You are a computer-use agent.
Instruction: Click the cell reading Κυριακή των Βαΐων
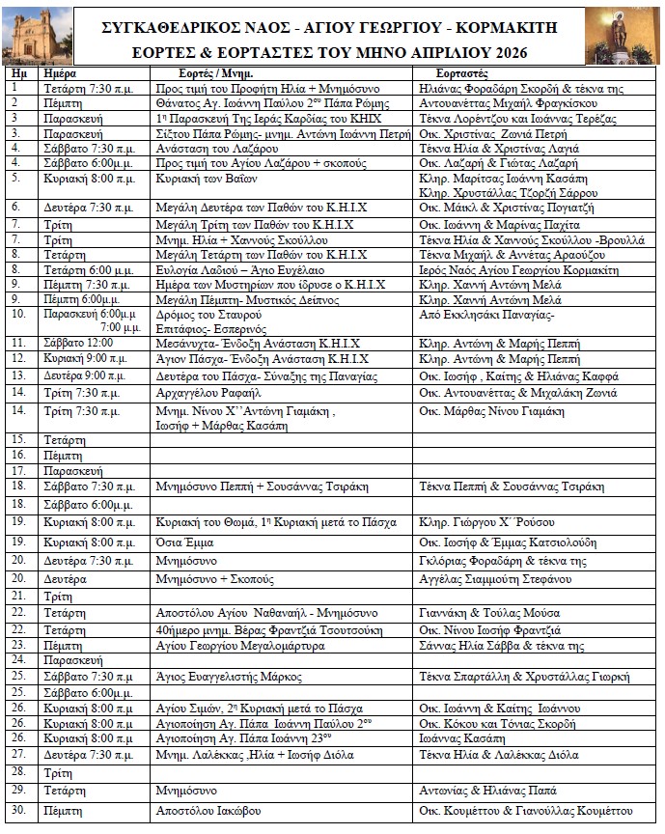coord(199,180)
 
